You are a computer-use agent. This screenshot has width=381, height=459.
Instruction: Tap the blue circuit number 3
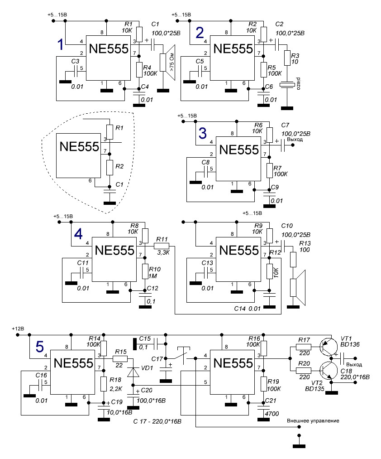pos(203,133)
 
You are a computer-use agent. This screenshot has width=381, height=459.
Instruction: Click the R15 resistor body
pos(120,358)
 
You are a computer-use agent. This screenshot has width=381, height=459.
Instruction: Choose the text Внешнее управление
pos(313,421)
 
